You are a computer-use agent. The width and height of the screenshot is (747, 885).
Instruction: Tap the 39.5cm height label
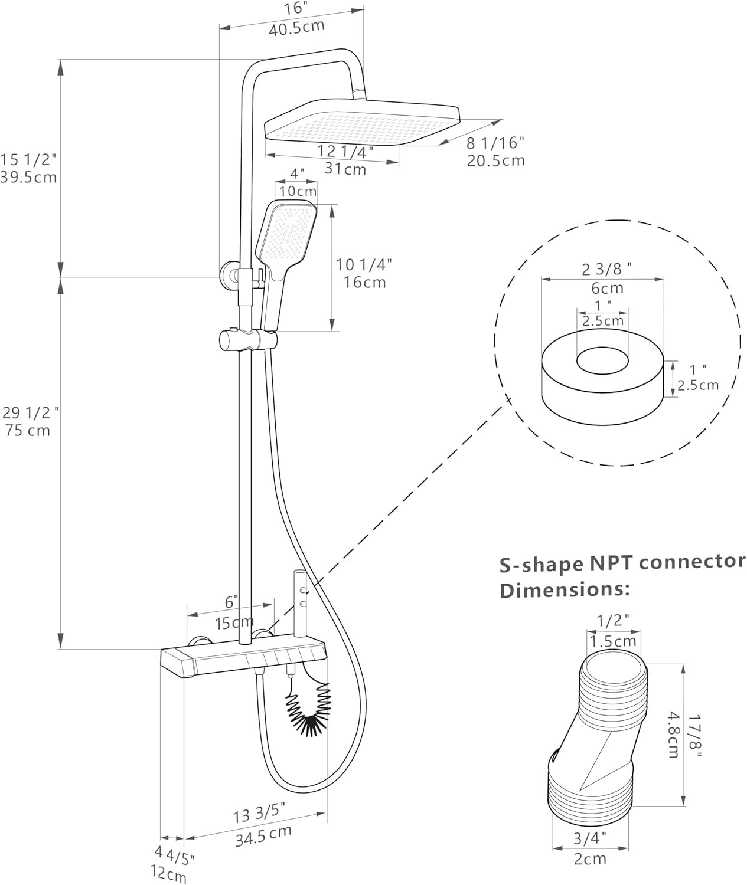click(28, 177)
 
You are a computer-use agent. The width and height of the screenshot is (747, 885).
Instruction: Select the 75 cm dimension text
click(28, 430)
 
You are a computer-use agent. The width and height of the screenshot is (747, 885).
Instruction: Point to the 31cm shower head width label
click(345, 169)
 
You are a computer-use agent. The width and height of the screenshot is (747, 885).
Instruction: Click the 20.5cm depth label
click(495, 160)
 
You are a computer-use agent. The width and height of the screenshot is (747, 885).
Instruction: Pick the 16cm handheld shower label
click(365, 282)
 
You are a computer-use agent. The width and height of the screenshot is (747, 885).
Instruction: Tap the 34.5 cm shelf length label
click(263, 837)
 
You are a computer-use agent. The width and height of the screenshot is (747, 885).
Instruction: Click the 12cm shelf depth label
click(168, 874)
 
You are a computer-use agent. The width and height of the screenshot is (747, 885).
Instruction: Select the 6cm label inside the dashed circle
click(607, 288)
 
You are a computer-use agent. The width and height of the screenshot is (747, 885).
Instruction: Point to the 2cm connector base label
click(590, 858)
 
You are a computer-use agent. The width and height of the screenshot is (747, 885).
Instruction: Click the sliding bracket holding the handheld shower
click(249, 340)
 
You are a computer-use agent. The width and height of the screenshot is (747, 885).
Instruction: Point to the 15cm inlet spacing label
click(233, 622)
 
